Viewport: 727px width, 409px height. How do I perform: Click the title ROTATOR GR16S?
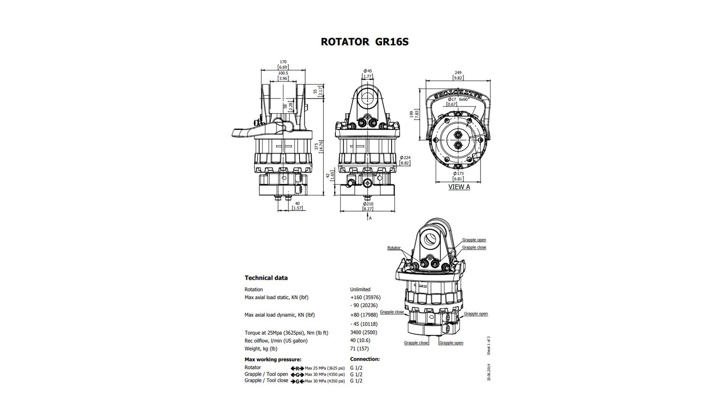[365, 42]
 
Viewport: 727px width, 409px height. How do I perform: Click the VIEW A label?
[459, 187]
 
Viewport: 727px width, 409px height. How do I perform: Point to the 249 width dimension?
[458, 73]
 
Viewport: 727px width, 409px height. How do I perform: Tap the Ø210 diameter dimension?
[368, 204]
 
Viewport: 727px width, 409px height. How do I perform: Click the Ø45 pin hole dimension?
[368, 71]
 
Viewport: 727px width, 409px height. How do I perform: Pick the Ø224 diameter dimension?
[405, 158]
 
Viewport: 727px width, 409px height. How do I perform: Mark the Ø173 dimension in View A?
[458, 173]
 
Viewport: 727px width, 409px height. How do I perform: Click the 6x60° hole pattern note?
[464, 99]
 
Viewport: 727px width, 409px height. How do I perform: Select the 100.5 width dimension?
[283, 73]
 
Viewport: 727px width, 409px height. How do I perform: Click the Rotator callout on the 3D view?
[394, 248]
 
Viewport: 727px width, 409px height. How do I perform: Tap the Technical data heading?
[266, 278]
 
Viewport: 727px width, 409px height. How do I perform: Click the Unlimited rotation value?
[360, 289]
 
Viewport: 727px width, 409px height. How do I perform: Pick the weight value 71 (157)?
[359, 348]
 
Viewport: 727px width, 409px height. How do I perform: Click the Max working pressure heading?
[273, 359]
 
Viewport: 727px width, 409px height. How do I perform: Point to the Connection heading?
[365, 359]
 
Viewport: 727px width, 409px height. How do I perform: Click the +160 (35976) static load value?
[365, 298]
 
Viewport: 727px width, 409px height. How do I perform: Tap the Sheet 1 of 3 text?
[489, 345]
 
